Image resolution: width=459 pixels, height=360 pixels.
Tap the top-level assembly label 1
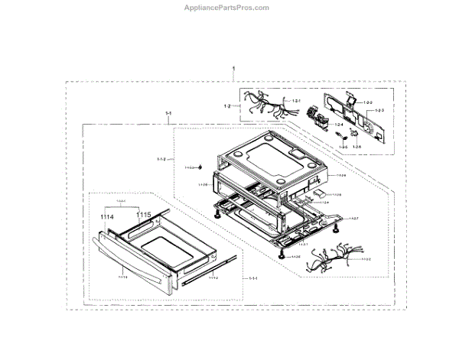pyautogui.click(x=233, y=70)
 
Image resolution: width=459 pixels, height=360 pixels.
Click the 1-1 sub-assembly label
pyautogui.click(x=168, y=115)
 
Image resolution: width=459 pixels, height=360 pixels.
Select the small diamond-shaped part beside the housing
pyautogui.click(x=201, y=167)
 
